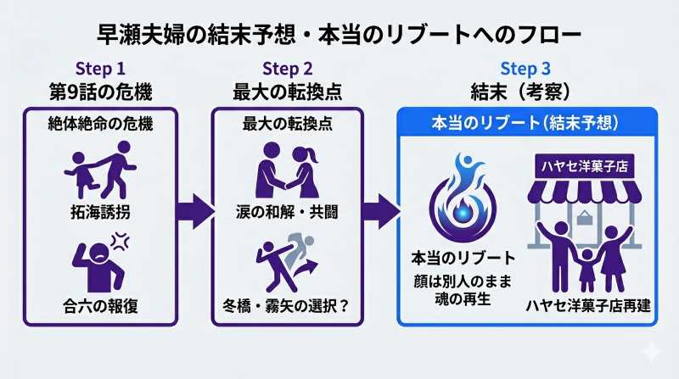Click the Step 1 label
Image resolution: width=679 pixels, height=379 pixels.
tap(100, 69)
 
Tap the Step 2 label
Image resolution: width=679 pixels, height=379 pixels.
tap(288, 69)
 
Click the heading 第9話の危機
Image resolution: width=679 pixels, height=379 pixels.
tap(100, 91)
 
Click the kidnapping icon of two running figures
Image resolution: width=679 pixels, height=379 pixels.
tap(100, 168)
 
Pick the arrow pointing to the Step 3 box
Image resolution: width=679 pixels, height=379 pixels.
tap(382, 210)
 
